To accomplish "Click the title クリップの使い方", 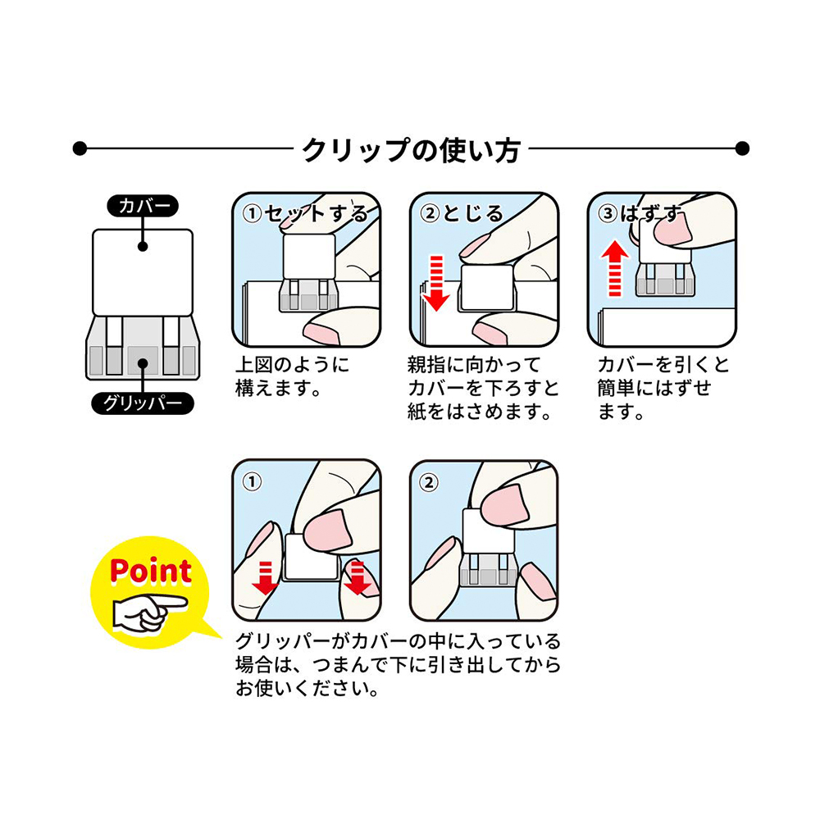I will [411, 149].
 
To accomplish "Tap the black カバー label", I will [143, 207].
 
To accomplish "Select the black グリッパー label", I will [143, 403].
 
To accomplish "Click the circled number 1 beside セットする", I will [253, 214].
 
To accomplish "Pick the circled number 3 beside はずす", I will [608, 214].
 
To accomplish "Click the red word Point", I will [150, 571].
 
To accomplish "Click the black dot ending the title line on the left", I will [80, 149].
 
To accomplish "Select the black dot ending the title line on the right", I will [742, 149].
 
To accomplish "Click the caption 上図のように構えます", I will [291, 376].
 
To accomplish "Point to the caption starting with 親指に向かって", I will [482, 388].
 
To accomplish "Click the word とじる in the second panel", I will [473, 214].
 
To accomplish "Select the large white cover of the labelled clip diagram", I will [143, 271].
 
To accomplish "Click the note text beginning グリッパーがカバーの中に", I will [398, 665].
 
